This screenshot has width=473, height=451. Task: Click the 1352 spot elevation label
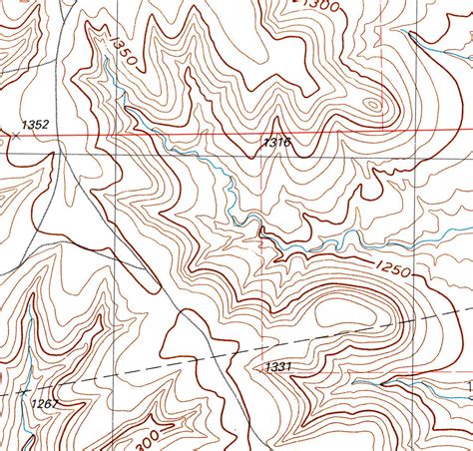click(x=35, y=125)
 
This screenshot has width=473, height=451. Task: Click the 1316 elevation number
click(x=276, y=144)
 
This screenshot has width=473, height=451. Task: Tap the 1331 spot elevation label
click(x=278, y=367)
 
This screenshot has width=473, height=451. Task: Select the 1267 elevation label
click(x=44, y=404)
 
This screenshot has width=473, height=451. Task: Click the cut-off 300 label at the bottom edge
click(x=146, y=439)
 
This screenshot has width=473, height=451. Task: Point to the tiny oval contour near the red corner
click(x=373, y=103)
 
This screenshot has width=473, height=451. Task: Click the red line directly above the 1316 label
click(x=276, y=132)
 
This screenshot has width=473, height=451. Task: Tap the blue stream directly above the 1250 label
click(x=395, y=244)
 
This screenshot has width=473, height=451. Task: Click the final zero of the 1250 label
click(x=409, y=271)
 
